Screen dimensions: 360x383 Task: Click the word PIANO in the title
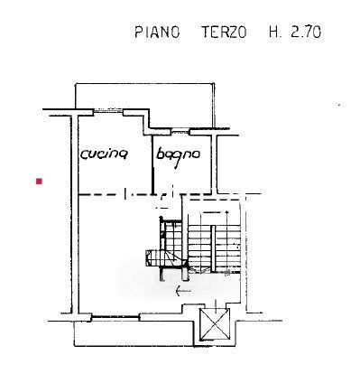click(157, 32)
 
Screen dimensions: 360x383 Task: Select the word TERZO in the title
click(224, 32)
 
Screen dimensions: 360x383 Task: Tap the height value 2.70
click(306, 32)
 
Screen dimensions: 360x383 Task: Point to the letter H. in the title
click(275, 32)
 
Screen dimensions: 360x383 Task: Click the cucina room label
click(105, 154)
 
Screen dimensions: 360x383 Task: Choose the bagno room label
click(178, 156)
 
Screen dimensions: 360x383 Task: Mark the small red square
click(39, 182)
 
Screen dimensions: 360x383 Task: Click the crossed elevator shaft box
click(215, 324)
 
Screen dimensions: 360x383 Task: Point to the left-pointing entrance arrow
click(183, 291)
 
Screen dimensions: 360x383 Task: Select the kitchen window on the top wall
click(108, 111)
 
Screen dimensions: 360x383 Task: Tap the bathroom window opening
click(180, 131)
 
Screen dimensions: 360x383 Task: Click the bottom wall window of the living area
click(115, 316)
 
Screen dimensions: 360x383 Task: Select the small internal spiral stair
click(164, 247)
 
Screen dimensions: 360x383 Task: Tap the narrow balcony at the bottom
click(134, 333)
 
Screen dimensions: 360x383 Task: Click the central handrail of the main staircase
click(213, 249)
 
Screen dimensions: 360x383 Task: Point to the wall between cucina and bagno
click(152, 165)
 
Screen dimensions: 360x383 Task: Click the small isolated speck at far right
click(340, 105)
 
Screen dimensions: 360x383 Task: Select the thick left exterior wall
click(75, 214)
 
